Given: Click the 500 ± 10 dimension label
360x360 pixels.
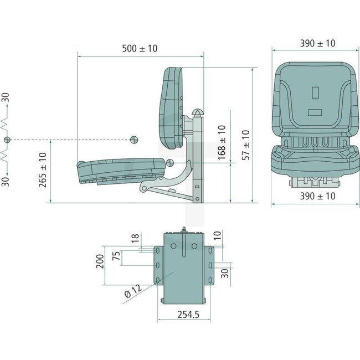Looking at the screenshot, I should point(139,49).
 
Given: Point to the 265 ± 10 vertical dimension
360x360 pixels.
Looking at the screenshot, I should point(42,169).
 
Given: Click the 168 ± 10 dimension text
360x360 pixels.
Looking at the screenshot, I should point(222,142).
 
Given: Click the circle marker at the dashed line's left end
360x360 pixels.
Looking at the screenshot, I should point(7,139).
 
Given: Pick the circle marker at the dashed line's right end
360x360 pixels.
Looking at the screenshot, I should point(133,139).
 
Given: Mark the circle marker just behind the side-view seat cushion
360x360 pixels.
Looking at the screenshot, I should point(169,163).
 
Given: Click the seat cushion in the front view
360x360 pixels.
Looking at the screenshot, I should point(313,160).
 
